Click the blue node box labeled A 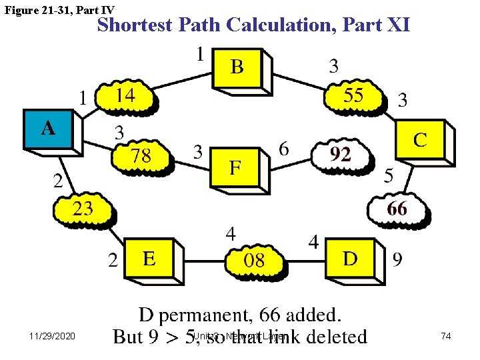49,129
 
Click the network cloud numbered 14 125,97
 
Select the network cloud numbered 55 354,97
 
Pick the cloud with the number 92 341,155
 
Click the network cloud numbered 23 83,209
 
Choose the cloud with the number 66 397,209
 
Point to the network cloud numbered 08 254,260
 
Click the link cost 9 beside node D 397,259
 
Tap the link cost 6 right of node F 284,149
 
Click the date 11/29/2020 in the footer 53,337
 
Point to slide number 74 446,337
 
